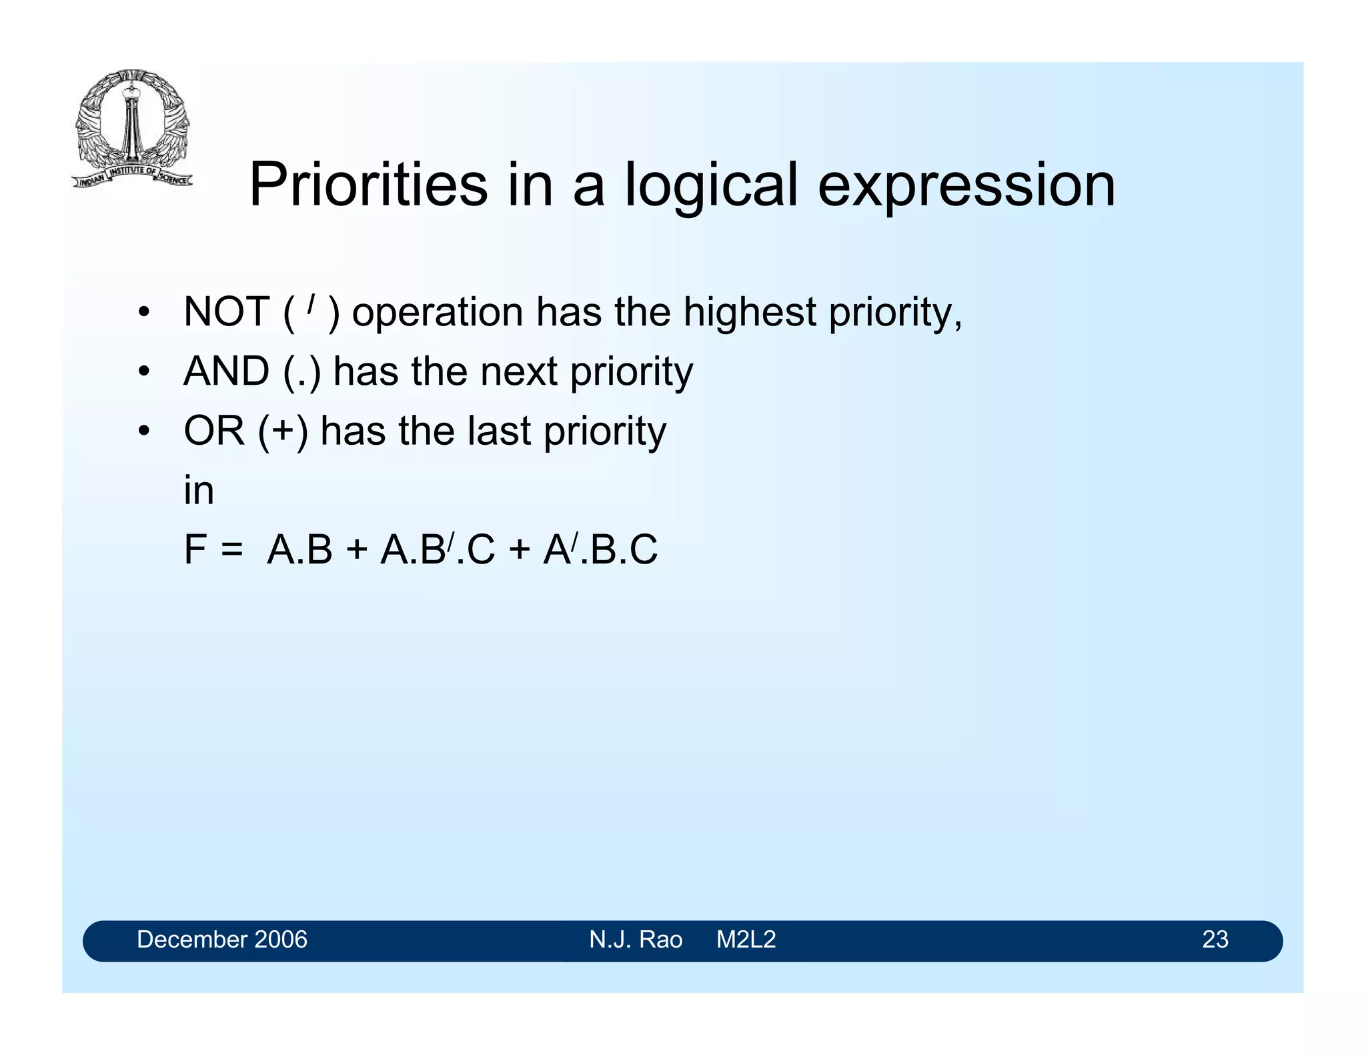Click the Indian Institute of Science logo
coord(132,128)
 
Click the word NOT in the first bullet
coord(226,312)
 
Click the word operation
coord(438,312)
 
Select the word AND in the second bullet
coord(226,371)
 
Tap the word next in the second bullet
coord(518,371)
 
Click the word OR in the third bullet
coord(214,431)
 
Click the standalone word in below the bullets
coord(198,491)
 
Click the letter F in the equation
coord(195,550)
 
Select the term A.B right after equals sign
coord(299,550)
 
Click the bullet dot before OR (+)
coord(143,432)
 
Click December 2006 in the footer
coord(221,940)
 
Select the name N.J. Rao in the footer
coord(636,940)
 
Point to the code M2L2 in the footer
coord(746,940)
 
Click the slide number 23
coord(1215,940)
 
